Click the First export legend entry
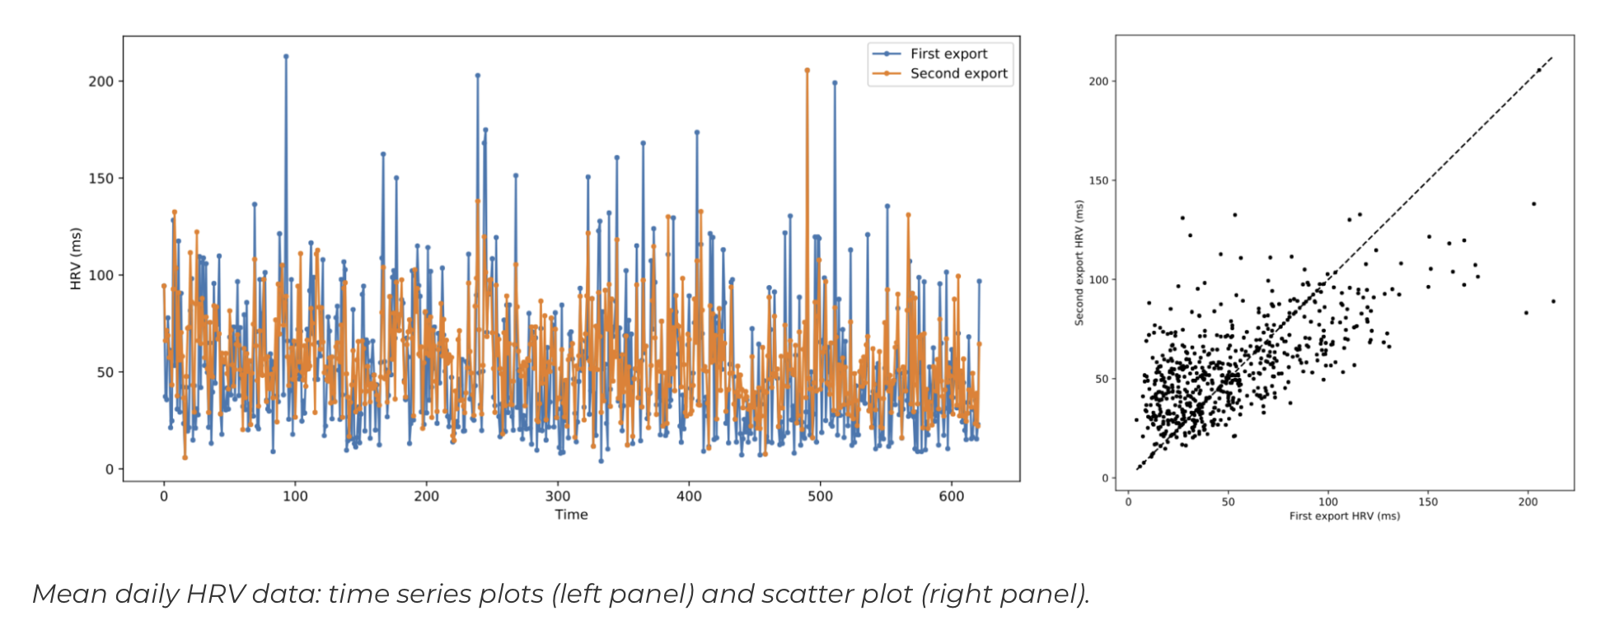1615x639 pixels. pyautogui.click(x=948, y=54)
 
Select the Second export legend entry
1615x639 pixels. pyautogui.click(x=958, y=73)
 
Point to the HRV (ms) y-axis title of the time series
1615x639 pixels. pyautogui.click(x=76, y=259)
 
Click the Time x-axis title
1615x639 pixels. pyautogui.click(x=571, y=515)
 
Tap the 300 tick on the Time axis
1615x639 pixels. pyautogui.click(x=558, y=497)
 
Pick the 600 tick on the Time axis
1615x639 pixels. pyautogui.click(x=952, y=497)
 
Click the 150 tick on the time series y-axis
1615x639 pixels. pyautogui.click(x=101, y=178)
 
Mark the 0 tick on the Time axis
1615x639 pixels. pyautogui.click(x=164, y=497)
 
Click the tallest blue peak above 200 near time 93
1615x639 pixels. pyautogui.click(x=286, y=57)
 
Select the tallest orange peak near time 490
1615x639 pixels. pyautogui.click(x=807, y=71)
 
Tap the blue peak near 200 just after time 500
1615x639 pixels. pyautogui.click(x=835, y=82)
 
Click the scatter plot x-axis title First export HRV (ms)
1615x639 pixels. pyautogui.click(x=1344, y=516)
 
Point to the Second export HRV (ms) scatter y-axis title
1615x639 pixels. pyautogui.click(x=1079, y=263)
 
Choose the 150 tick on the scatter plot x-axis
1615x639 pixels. pyautogui.click(x=1428, y=502)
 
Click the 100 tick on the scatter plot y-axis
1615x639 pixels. pyautogui.click(x=1099, y=280)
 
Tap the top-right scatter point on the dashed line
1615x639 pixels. pyautogui.click(x=1538, y=71)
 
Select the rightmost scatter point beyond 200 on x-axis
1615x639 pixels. pyautogui.click(x=1553, y=301)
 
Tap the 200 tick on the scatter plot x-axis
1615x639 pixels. pyautogui.click(x=1528, y=502)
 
